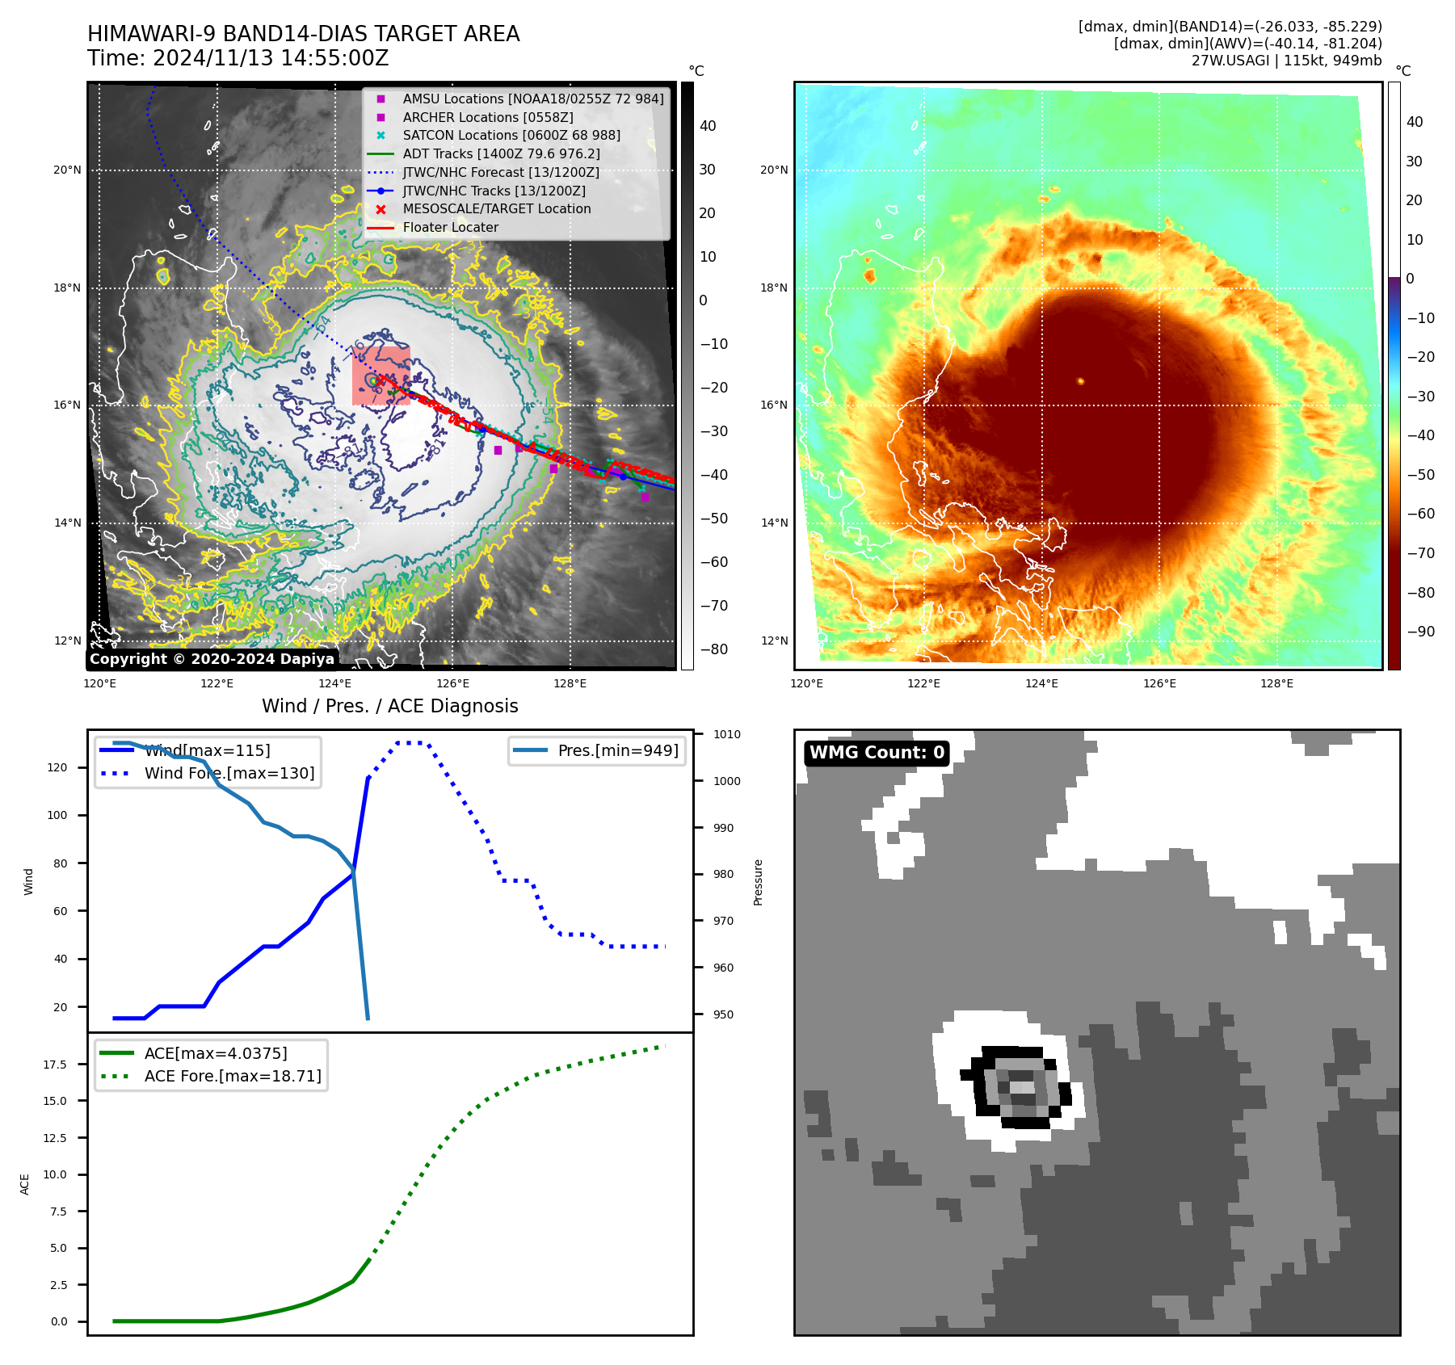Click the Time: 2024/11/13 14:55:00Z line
pos(238,59)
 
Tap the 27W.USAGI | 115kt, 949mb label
pos(1286,61)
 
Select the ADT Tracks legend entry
pos(501,153)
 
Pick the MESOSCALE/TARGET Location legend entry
pos(496,208)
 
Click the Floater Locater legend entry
pos(450,227)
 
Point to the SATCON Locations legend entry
pos(511,135)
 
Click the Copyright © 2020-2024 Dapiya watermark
pos(212,659)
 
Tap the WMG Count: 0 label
pos(877,753)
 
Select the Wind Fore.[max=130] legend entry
pos(229,773)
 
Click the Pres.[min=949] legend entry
pos(617,750)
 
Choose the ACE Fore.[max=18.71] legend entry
pos(232,1076)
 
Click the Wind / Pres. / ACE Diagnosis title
pos(389,706)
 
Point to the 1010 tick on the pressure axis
pos(726,734)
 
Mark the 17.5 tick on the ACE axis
pos(55,1065)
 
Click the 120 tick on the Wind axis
pos(57,767)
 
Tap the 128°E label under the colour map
pos(1276,684)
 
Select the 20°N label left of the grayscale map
pos(67,170)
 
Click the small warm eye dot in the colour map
pos(1080,381)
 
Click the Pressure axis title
pos(758,882)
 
